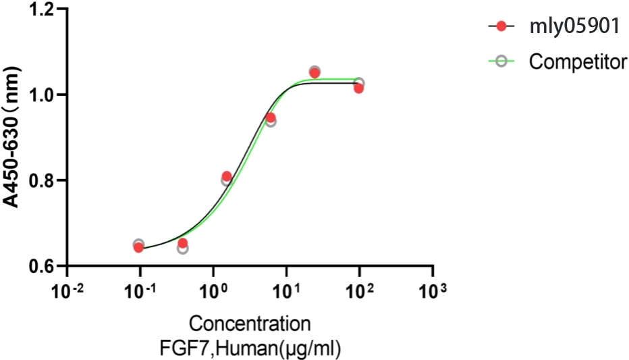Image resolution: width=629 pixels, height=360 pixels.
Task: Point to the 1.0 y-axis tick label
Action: [46, 95]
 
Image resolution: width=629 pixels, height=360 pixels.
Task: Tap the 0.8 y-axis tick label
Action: [46, 180]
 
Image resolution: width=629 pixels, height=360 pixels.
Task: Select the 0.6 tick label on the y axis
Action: [46, 266]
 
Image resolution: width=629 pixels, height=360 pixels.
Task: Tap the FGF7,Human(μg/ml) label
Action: [250, 346]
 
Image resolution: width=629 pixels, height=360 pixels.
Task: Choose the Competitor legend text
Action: [578, 62]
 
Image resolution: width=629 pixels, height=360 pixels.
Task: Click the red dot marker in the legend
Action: [501, 26]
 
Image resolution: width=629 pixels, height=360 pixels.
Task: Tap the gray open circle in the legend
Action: [501, 62]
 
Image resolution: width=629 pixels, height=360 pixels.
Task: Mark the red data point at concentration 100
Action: [358, 88]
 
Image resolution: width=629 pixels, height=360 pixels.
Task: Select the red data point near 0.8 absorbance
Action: [227, 176]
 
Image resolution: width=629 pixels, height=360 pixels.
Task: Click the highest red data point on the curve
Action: [314, 72]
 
